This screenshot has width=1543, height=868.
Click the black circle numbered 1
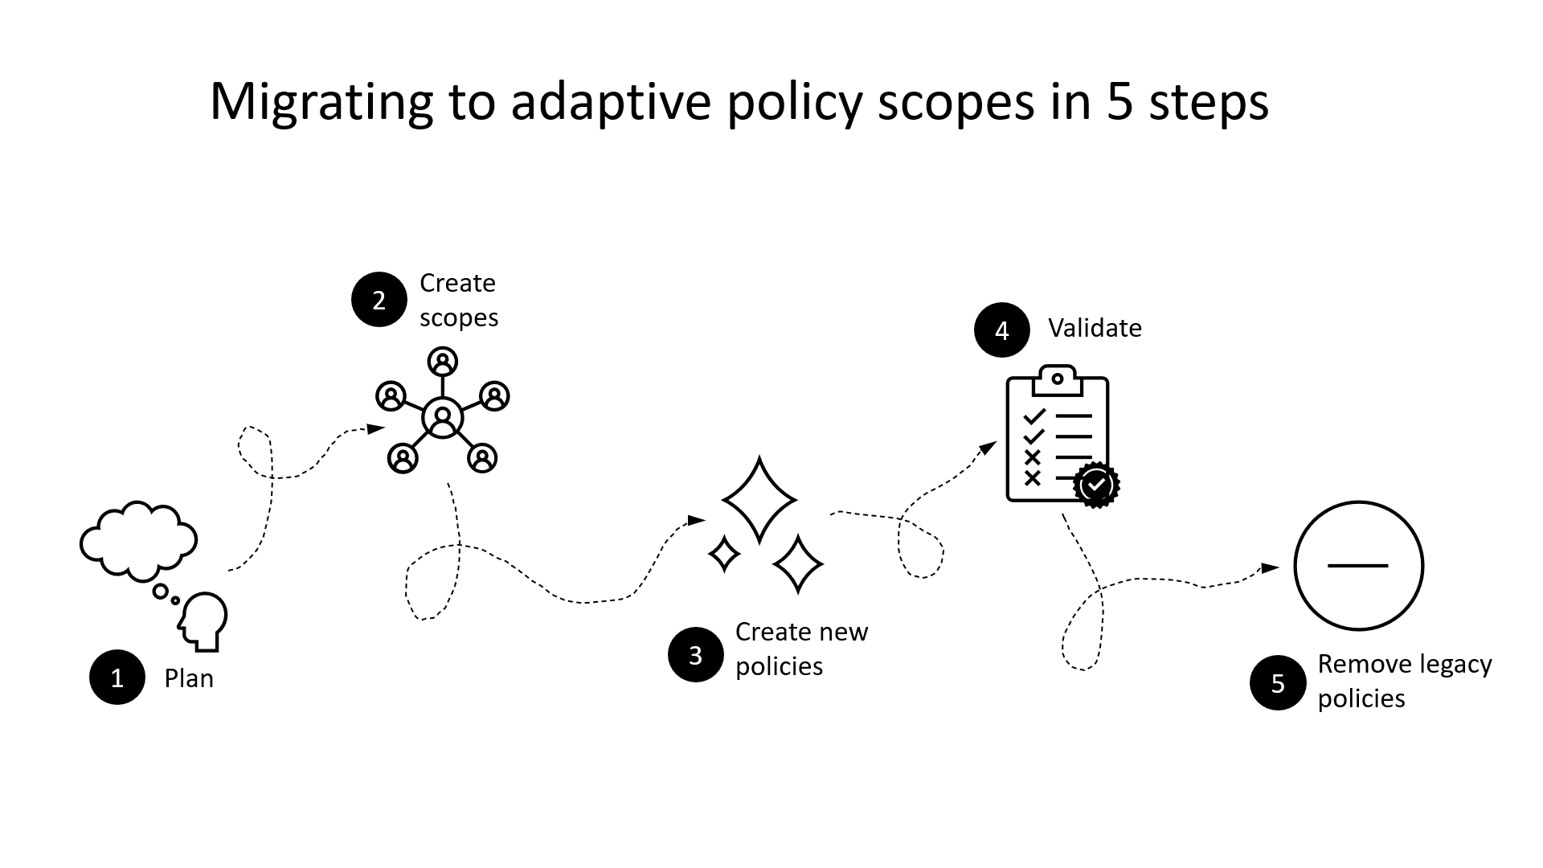[x=117, y=678]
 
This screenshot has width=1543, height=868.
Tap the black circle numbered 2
[x=379, y=300]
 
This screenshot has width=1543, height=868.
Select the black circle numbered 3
[x=696, y=655]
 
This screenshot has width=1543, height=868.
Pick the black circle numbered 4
[x=1002, y=330]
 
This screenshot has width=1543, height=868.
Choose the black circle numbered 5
[x=1278, y=683]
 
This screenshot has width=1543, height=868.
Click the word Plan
[x=189, y=678]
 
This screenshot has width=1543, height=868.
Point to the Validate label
[x=1095, y=328]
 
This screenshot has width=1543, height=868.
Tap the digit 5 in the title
[x=1119, y=102]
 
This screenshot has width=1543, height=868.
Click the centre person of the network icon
[x=443, y=418]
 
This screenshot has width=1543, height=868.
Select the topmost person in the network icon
[x=443, y=362]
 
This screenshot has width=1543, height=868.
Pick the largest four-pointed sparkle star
[x=759, y=500]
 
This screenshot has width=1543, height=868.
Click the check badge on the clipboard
[x=1096, y=485]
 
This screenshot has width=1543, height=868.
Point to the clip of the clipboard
[x=1058, y=380]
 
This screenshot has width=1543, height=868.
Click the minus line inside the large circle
[x=1358, y=566]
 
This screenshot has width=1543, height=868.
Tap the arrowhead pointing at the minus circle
[x=1270, y=568]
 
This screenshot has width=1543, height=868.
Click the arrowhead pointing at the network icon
[x=376, y=428]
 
